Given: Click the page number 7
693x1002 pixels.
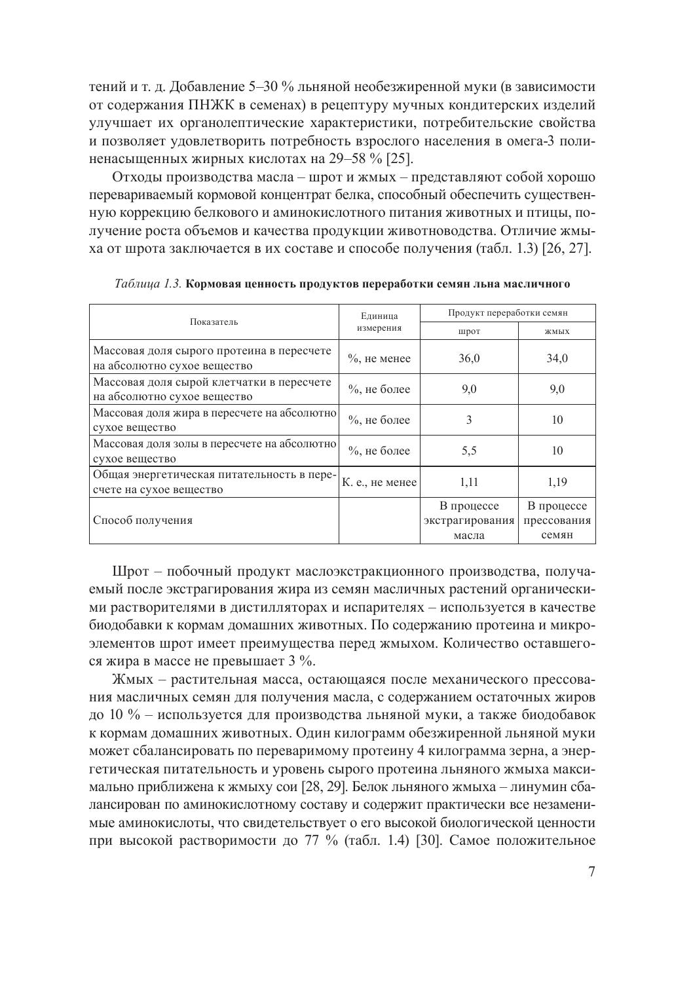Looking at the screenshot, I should pos(591,872).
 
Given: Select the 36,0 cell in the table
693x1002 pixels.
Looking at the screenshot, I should pos(469,358).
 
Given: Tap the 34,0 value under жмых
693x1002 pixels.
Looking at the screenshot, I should pos(557,358).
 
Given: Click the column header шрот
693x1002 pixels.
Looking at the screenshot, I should pos(469,331).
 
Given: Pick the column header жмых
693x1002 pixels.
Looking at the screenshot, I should pos(557,331).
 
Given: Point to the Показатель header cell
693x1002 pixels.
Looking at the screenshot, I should pos(214,322).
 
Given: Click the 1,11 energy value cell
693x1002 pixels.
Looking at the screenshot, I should pos(469,482).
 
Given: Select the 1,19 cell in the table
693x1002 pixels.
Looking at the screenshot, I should pos(557,482).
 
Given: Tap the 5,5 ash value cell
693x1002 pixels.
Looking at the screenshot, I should pos(469,451).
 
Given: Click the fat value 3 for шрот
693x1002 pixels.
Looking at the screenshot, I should pos(469,420).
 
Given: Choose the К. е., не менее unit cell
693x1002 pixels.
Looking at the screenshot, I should pos(379,482).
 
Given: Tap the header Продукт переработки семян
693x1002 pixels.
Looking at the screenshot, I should pos(508,313).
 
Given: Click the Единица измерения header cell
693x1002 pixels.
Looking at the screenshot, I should pos(379,322).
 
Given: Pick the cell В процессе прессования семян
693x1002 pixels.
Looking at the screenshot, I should pos(557,521).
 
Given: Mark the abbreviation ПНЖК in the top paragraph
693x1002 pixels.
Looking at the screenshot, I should pos(210,105).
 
